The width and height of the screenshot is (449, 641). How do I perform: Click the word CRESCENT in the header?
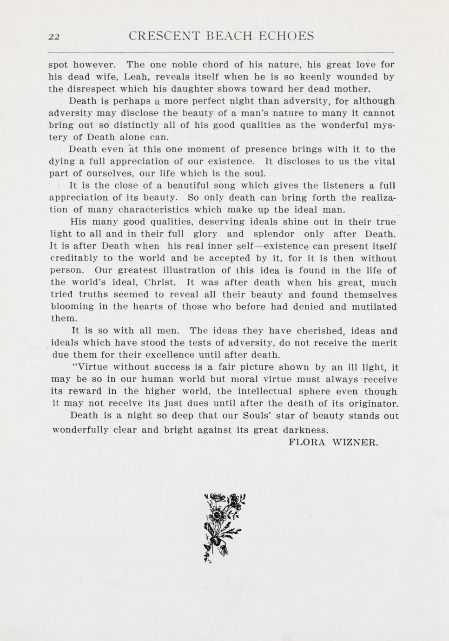tap(164, 36)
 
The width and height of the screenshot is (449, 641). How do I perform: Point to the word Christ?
tap(160, 282)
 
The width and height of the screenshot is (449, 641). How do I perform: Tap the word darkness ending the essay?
tap(306, 430)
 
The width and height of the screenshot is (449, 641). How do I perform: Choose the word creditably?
tap(73, 258)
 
